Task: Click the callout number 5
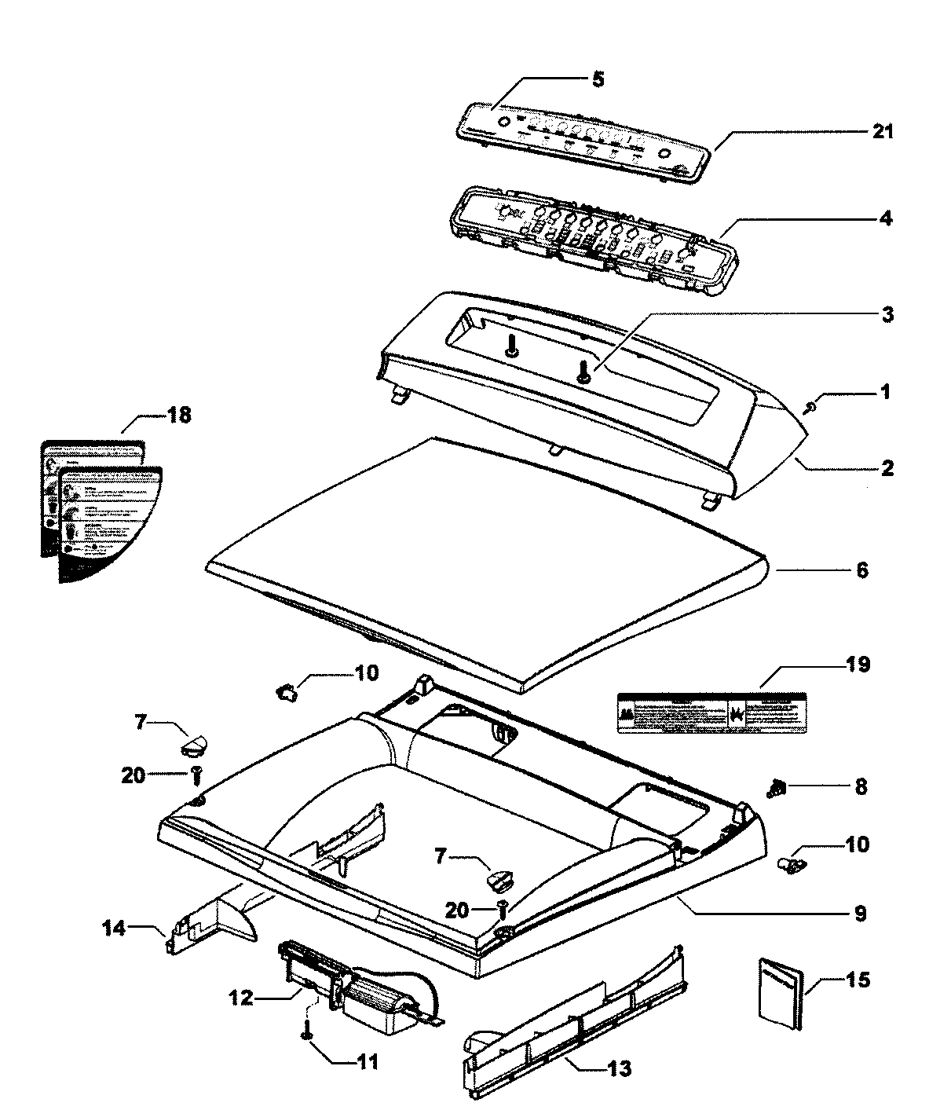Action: coord(598,79)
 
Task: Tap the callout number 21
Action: coord(883,131)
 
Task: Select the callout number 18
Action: coord(179,415)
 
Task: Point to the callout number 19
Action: coord(858,665)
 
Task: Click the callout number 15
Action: coord(858,981)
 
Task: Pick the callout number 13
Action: coord(620,1069)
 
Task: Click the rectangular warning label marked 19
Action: coord(711,713)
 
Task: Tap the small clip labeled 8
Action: coord(777,786)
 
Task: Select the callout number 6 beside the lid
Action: coord(861,570)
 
